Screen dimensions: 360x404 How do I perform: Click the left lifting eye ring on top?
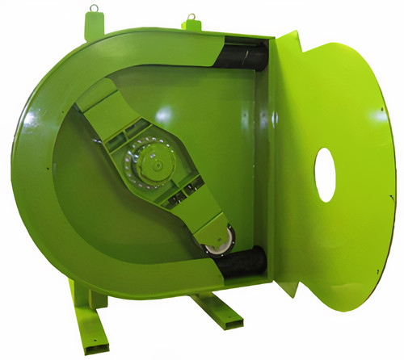[95, 10]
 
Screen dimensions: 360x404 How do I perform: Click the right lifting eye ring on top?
[192, 16]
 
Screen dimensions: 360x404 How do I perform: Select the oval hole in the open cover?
[325, 174]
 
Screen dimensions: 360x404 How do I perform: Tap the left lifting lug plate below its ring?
[93, 25]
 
